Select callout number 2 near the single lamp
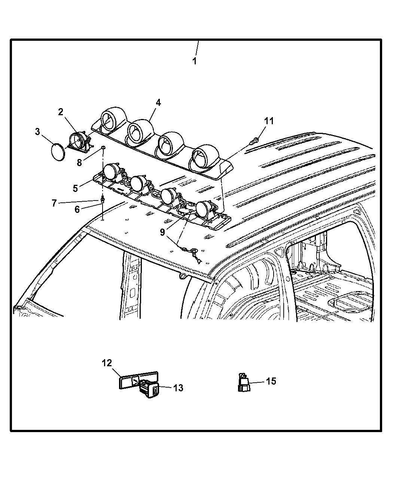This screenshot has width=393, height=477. [61, 111]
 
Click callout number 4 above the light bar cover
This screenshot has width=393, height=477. [158, 103]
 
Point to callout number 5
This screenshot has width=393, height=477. [76, 188]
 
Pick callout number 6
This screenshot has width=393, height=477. [77, 210]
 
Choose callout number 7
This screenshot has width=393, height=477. [54, 203]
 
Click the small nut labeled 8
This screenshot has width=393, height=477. [103, 149]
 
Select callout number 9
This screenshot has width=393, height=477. [162, 232]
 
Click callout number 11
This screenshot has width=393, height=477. [269, 121]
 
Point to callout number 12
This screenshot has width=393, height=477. [107, 363]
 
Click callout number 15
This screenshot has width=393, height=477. [271, 381]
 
